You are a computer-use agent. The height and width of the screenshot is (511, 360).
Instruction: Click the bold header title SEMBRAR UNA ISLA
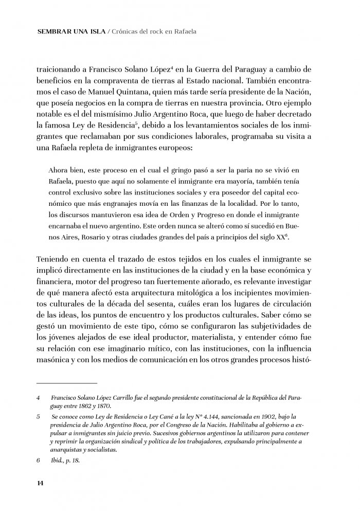point(71,31)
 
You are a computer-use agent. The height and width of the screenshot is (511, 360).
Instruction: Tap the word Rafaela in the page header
point(184,31)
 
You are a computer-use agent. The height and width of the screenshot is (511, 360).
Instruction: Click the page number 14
point(40,482)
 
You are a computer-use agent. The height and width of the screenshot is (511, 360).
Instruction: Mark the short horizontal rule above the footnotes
point(67,383)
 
